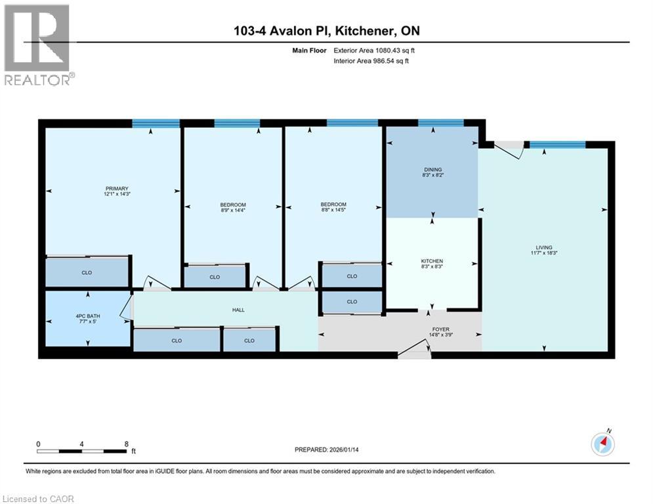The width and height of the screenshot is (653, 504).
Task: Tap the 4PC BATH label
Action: (x=88, y=317)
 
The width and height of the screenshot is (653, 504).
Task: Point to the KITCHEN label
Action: (x=432, y=261)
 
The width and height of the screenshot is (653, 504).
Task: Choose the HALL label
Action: (x=239, y=310)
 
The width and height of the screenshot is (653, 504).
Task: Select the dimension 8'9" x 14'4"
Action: (x=233, y=211)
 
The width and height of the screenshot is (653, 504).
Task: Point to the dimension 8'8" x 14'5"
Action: (x=333, y=211)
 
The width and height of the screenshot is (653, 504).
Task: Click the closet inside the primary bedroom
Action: (x=87, y=272)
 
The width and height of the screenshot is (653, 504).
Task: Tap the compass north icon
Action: (x=602, y=445)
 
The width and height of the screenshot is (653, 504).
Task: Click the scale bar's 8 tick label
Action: (x=126, y=444)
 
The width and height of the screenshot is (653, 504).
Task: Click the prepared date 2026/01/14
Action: (x=327, y=450)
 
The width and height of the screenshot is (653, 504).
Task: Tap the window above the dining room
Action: (x=440, y=123)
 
